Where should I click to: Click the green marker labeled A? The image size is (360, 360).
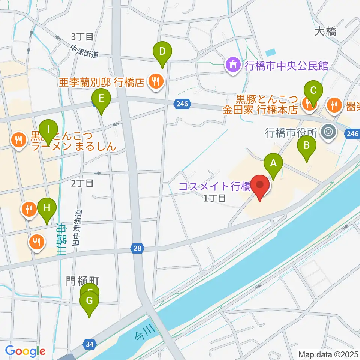coord(273,163)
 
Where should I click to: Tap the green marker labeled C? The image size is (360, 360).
coord(313,90)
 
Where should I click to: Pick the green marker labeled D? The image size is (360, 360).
coord(162,51)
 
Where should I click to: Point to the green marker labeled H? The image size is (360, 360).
coord(46,208)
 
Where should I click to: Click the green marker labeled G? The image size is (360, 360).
coord(89,301)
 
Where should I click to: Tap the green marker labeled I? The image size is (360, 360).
coord(48,130)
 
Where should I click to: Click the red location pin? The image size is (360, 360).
coord(260,185)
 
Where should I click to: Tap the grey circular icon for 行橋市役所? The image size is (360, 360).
coord(329,132)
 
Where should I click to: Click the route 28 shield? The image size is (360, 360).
coord(136,247)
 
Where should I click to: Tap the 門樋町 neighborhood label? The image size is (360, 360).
coord(82,282)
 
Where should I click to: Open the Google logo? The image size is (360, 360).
coord(25,351)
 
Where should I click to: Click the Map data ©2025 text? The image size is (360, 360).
coord(328,354)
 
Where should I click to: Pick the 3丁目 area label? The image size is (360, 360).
coord(82,37)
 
